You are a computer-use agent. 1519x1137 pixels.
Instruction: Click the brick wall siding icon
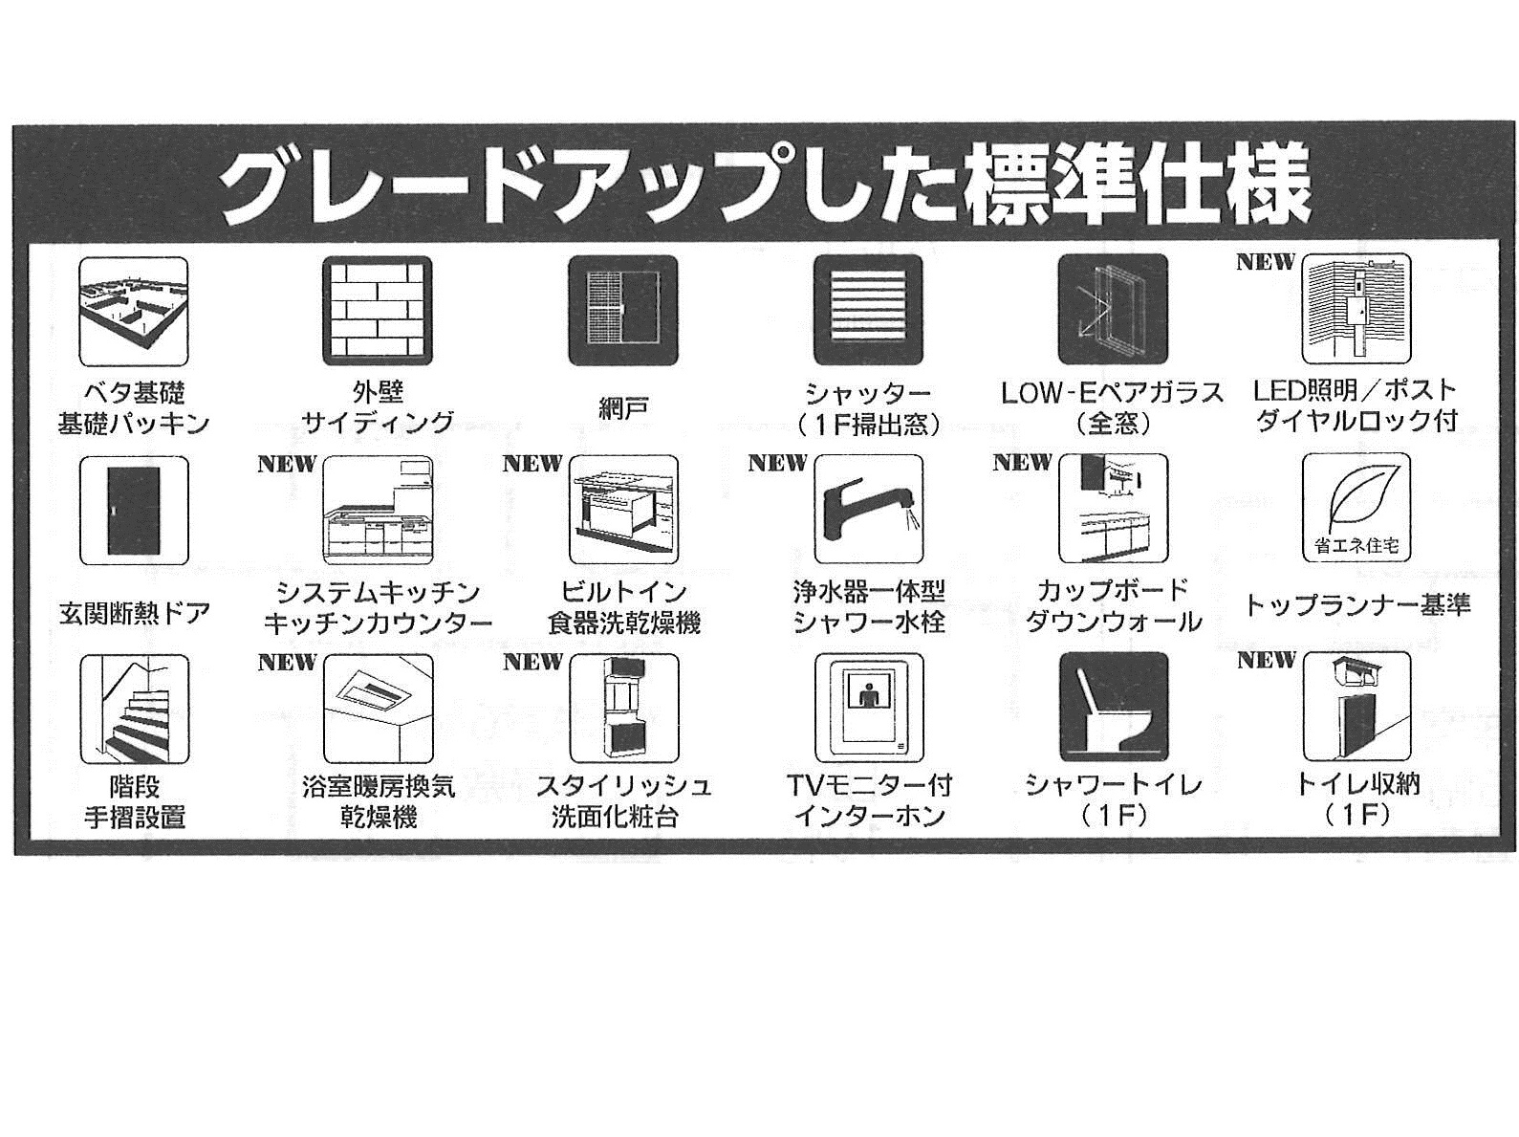[x=378, y=311]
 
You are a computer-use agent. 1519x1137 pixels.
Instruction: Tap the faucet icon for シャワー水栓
[x=869, y=509]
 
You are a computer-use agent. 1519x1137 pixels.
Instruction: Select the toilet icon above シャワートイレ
[x=1114, y=707]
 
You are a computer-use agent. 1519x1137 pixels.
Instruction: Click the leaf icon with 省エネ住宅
[x=1356, y=507]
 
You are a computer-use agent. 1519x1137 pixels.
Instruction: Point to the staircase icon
[x=134, y=709]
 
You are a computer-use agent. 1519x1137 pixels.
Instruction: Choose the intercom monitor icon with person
[x=869, y=708]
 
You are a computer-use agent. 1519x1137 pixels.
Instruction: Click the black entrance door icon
[x=134, y=510]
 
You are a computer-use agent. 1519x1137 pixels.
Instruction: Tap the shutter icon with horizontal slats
[x=869, y=309]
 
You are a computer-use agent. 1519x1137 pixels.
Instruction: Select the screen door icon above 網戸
[x=623, y=310]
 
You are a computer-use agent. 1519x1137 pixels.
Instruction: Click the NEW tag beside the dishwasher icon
[x=532, y=464]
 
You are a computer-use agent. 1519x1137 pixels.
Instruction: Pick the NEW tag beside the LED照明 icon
[x=1266, y=262]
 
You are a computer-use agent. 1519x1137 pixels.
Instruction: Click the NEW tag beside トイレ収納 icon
[x=1267, y=660]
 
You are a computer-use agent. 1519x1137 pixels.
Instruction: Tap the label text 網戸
[x=623, y=408]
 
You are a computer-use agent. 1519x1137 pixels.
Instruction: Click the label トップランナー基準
[x=1356, y=605]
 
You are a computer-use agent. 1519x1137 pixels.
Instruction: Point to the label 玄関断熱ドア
[x=134, y=612]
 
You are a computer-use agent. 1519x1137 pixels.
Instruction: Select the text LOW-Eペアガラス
[x=1113, y=393]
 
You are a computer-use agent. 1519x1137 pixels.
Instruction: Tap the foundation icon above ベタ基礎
[x=134, y=312]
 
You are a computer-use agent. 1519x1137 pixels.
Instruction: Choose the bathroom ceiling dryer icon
[x=378, y=709]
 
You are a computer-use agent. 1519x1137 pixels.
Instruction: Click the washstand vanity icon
[x=623, y=708]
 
